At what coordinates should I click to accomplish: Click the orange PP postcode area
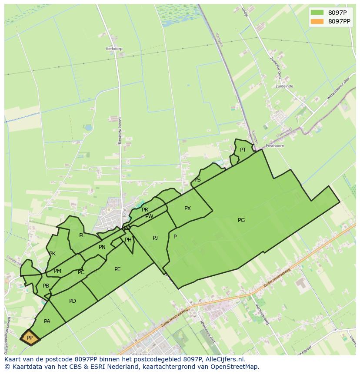pyautogui.click(x=30, y=338)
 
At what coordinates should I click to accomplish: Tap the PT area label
pyautogui.click(x=243, y=150)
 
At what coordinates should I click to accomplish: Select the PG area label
pyautogui.click(x=241, y=220)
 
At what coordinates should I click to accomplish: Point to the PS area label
pyautogui.click(x=197, y=180)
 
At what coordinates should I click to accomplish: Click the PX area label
pyautogui.click(x=187, y=209)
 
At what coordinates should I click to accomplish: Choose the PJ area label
pyautogui.click(x=155, y=238)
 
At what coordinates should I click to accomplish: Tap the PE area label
pyautogui.click(x=117, y=269)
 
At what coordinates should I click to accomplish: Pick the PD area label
pyautogui.click(x=73, y=301)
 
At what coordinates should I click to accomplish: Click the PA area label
pyautogui.click(x=47, y=321)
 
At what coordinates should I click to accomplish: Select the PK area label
pyautogui.click(x=52, y=254)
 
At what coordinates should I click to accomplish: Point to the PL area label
pyautogui.click(x=82, y=235)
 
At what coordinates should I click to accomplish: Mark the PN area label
pyautogui.click(x=102, y=247)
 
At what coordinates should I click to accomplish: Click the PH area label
pyautogui.click(x=128, y=240)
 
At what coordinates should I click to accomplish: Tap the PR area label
pyautogui.click(x=145, y=210)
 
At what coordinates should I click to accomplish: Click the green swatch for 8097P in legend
pyautogui.click(x=317, y=13)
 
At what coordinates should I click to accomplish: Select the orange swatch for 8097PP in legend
pyautogui.click(x=317, y=21)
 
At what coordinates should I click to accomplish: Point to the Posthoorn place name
pyautogui.click(x=275, y=146)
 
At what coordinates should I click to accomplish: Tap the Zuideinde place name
pyautogui.click(x=284, y=86)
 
